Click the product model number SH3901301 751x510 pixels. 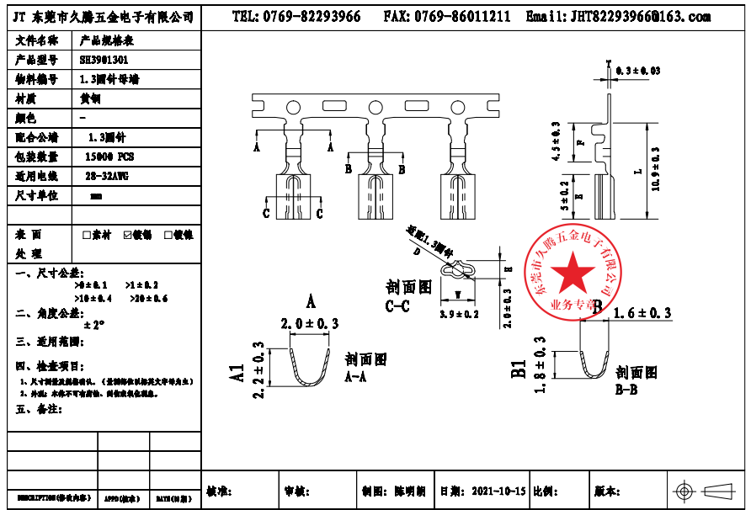tap(104, 60)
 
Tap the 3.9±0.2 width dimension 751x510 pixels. tap(459, 314)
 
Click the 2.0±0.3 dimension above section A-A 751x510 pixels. tap(310, 323)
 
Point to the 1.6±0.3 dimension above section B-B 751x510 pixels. tap(642, 313)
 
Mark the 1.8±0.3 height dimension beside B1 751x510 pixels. tap(540, 364)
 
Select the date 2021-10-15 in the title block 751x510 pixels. tap(498, 491)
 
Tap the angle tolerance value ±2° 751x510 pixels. tap(93, 325)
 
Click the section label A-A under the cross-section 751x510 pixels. tap(357, 378)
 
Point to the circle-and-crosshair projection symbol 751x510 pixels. tap(684, 491)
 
